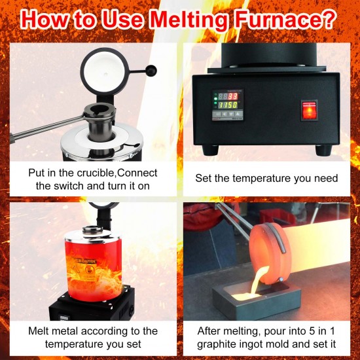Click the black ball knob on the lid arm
tap(152, 70)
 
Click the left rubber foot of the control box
tap(209, 149)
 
